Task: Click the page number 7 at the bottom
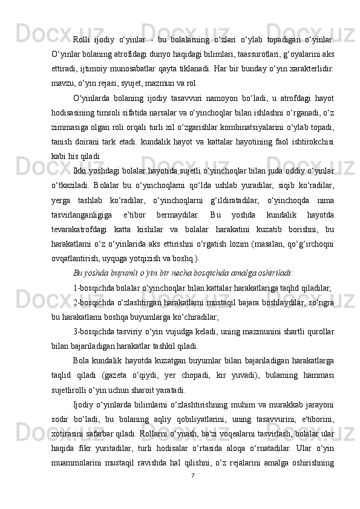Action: [192, 492]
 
